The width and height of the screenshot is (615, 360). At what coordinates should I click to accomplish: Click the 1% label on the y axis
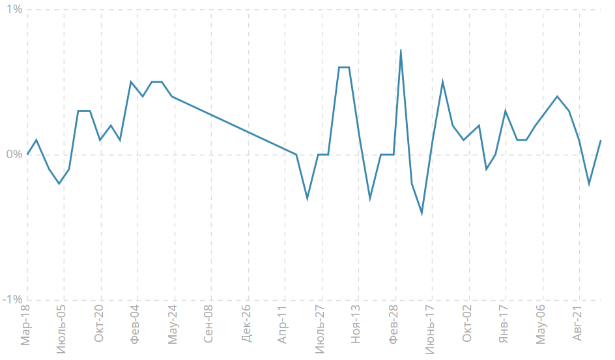pos(13,10)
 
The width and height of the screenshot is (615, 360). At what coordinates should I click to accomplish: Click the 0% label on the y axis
pos(13,155)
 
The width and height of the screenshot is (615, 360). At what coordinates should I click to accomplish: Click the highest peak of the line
pos(401,50)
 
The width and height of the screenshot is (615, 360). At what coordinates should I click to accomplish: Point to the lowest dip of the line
pos(422,213)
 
